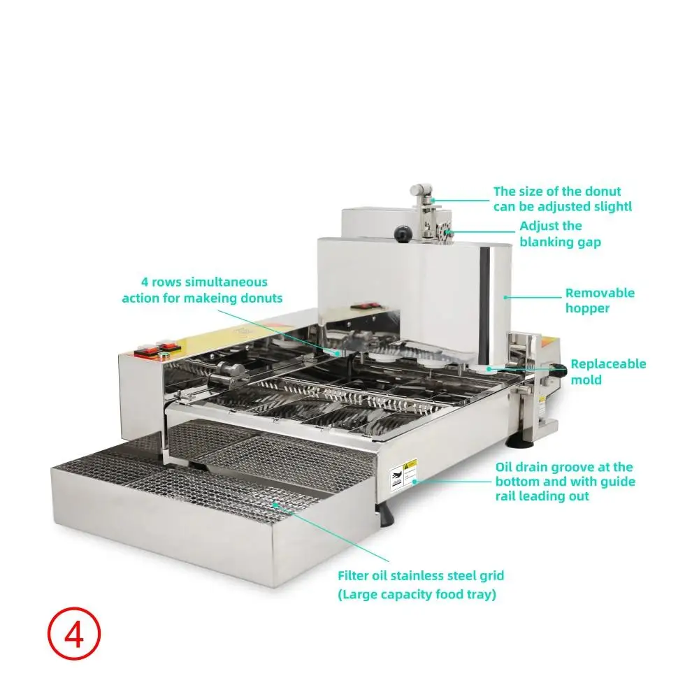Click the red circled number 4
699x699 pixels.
click(74, 633)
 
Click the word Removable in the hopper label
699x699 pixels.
click(600, 293)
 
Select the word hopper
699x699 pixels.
click(587, 309)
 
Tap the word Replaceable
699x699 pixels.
click(608, 363)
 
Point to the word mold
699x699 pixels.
click(586, 380)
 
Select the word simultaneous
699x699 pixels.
click(226, 282)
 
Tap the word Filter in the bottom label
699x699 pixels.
click(352, 575)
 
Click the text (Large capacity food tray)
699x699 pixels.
click(417, 594)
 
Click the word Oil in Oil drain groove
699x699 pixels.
click(503, 467)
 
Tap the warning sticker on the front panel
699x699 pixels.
click(403, 475)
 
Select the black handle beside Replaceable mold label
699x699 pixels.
click(559, 369)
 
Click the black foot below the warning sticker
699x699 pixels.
click(385, 514)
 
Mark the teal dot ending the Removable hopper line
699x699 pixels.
click(505, 297)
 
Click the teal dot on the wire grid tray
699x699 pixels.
click(275, 504)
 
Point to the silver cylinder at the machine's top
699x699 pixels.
click(421, 189)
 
